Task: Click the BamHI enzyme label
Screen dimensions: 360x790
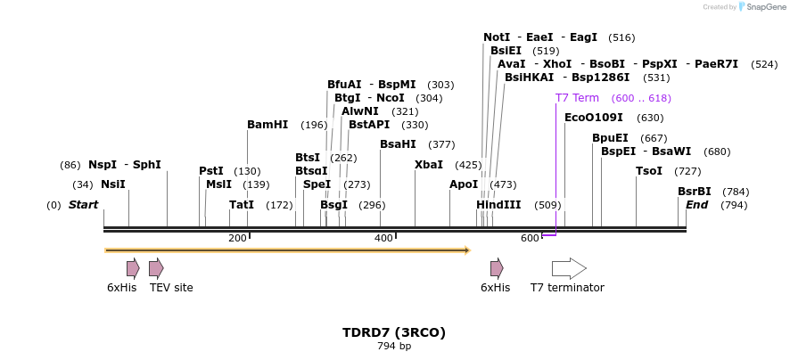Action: click(267, 125)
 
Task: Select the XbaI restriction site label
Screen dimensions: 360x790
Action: click(429, 165)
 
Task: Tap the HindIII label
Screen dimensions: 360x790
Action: click(498, 205)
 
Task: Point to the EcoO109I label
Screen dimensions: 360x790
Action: click(594, 118)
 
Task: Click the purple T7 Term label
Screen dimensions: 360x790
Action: click(577, 98)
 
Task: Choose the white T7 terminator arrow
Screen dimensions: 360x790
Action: click(569, 268)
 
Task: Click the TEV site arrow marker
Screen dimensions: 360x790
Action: click(156, 268)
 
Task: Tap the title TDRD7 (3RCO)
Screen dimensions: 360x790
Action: click(394, 332)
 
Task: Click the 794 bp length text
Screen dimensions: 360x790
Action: click(394, 347)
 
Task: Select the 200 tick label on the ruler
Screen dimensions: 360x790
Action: click(237, 238)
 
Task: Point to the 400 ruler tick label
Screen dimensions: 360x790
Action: click(383, 238)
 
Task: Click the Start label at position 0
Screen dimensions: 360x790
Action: click(83, 205)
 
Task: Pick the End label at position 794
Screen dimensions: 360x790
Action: click(696, 205)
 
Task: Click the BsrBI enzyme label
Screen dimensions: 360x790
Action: click(695, 192)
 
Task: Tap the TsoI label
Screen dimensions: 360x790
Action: click(649, 171)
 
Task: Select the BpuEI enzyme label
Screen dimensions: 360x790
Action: click(610, 138)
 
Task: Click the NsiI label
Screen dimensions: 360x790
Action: click(113, 184)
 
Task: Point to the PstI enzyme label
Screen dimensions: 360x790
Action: click(211, 171)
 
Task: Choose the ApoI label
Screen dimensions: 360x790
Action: click(464, 184)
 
